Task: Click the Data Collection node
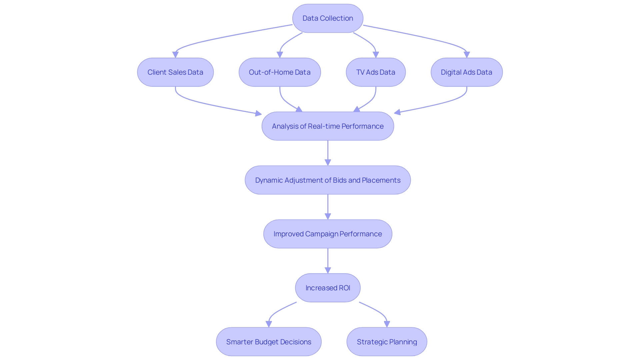click(328, 18)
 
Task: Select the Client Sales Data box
click(175, 72)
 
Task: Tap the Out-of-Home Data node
click(280, 72)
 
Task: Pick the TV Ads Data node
click(376, 72)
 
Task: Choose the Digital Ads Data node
click(466, 72)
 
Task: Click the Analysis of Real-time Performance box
click(328, 126)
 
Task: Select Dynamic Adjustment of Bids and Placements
click(328, 180)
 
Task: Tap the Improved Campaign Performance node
click(328, 234)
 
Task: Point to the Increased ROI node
click(328, 288)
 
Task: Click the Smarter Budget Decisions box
click(269, 342)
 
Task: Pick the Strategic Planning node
click(387, 342)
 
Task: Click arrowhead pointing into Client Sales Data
click(175, 55)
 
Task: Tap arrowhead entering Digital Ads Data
click(467, 55)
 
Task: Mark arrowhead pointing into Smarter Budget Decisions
click(269, 324)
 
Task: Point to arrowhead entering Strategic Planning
click(387, 324)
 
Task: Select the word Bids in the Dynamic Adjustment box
click(340, 180)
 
